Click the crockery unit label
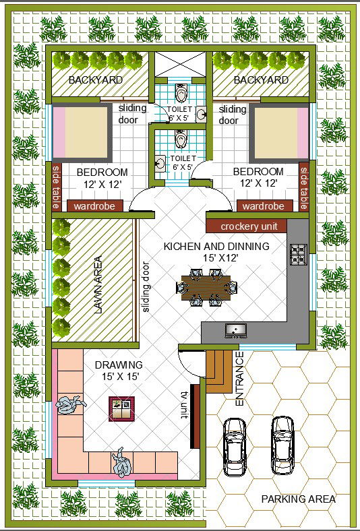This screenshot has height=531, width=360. pos(249,226)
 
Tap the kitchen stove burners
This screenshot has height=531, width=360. pos(299,254)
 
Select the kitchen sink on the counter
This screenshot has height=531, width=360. pos(236,331)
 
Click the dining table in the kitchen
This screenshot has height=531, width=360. pos(206,288)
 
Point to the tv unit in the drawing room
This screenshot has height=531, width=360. pos(195,416)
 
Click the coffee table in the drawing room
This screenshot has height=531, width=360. pos(121,409)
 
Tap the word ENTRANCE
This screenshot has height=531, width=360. pos(239,379)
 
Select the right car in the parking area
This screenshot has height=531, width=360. pos(282,445)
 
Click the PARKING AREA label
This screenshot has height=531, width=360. pos(299,499)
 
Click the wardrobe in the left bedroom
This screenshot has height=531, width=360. pos(94,206)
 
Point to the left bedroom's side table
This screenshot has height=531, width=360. pos(56,186)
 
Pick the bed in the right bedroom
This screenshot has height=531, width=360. pos(279,133)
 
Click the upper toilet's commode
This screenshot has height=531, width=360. pos(180,92)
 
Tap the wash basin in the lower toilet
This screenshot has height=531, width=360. pos(160,163)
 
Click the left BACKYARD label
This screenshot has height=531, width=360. pos(96,80)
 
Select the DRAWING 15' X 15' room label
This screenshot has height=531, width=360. pos(119,371)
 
